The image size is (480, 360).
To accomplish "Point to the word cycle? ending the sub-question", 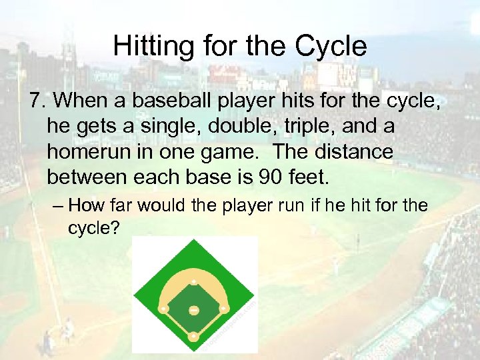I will (x=93, y=228).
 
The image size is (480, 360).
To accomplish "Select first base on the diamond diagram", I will (x=223, y=309).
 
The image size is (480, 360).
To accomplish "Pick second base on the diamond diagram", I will (x=193, y=281).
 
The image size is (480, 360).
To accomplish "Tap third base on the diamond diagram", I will (x=163, y=309).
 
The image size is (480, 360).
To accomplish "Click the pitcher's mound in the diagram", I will (x=193, y=311).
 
